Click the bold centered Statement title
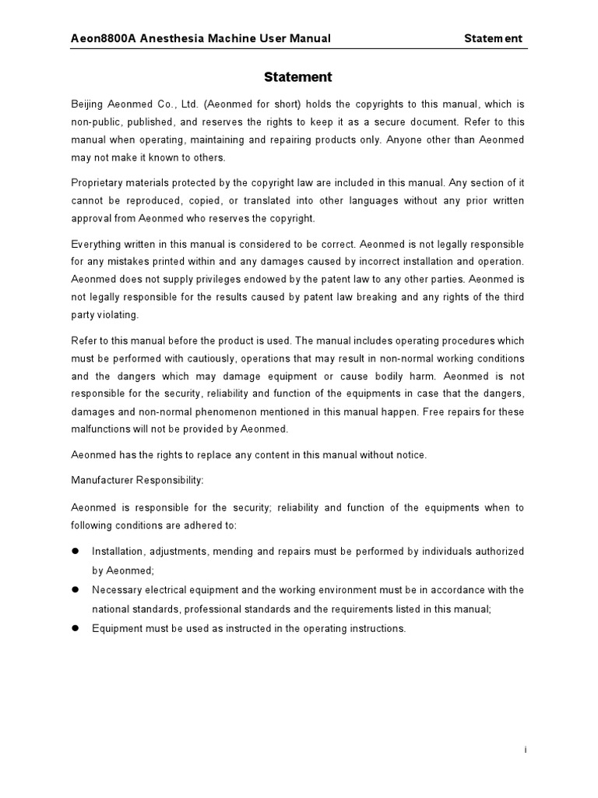pos(298,76)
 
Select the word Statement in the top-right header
pos(493,38)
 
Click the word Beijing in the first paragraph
pos(86,104)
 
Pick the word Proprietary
pos(96,183)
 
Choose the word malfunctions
pos(100,429)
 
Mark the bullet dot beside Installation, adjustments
pos(76,551)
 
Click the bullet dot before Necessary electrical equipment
pos(76,590)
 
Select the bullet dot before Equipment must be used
pos(76,628)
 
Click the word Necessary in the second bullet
pos(114,590)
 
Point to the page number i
pos(526,750)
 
